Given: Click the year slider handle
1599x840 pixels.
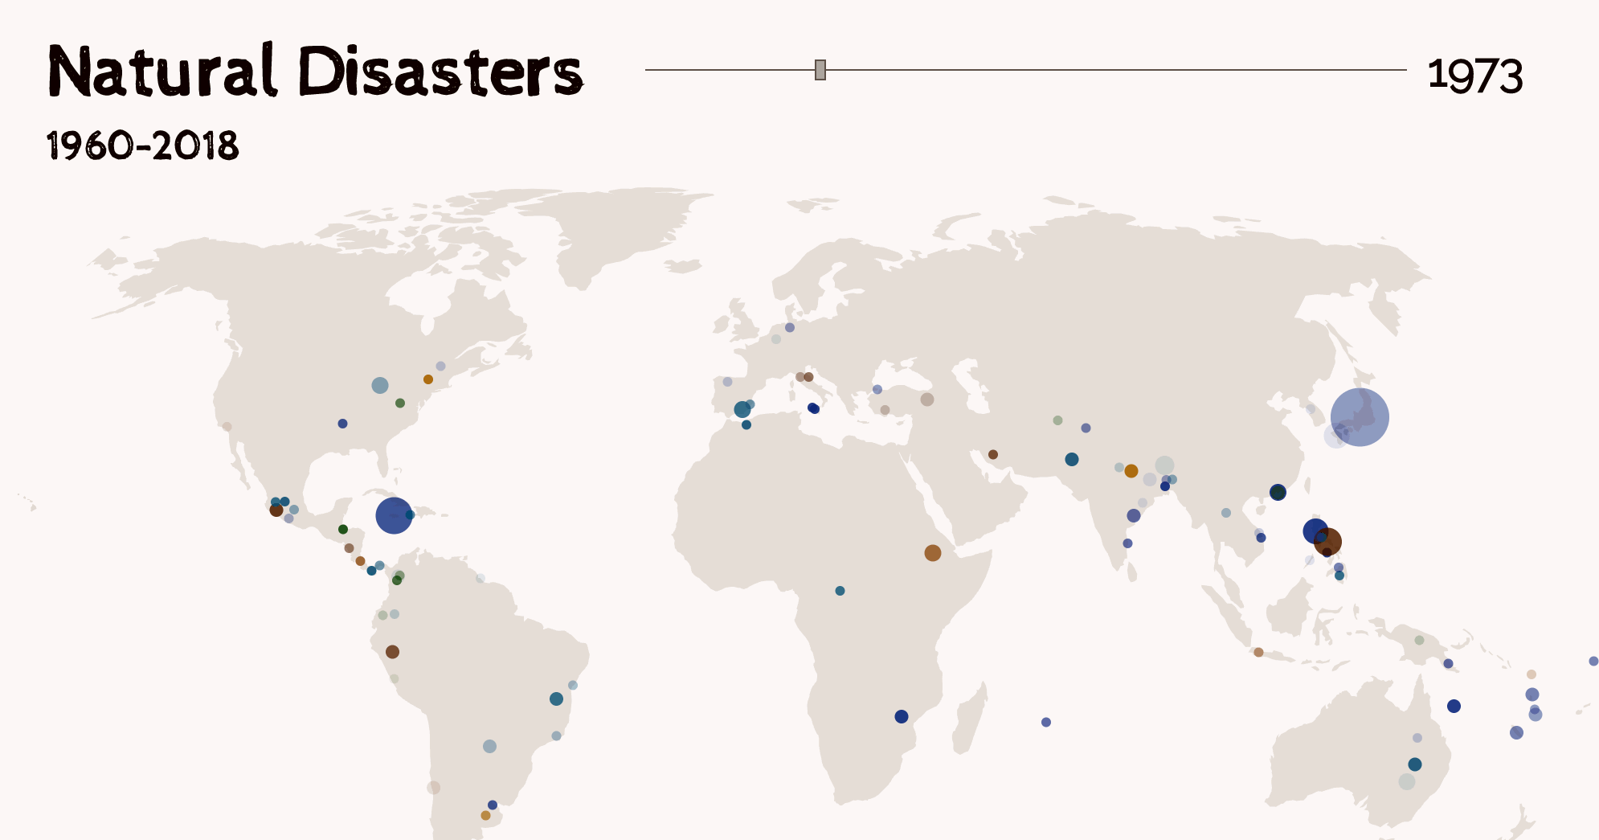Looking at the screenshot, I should pyautogui.click(x=820, y=70).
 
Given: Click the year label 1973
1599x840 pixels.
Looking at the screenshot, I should pyautogui.click(x=1474, y=76).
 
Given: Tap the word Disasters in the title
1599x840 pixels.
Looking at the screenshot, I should pyautogui.click(x=440, y=72).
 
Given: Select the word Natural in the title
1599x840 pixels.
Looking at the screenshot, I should pyautogui.click(x=163, y=72).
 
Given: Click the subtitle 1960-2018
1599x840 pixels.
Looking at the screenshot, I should pyautogui.click(x=143, y=146).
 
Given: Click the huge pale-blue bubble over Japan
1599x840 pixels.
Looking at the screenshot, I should pyautogui.click(x=1359, y=417).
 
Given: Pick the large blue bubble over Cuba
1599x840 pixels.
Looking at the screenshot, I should pyautogui.click(x=394, y=515).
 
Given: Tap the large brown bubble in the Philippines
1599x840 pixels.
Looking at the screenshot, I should pyautogui.click(x=1327, y=542).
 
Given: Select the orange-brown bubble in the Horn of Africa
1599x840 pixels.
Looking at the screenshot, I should pyautogui.click(x=932, y=553).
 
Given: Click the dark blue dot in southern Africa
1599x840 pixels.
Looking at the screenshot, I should pyautogui.click(x=901, y=716).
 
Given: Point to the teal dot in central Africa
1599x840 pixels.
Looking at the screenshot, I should pyautogui.click(x=840, y=591).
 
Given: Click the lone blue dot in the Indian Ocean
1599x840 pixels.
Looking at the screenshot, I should pyautogui.click(x=1045, y=722).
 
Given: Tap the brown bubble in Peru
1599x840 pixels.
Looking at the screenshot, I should pyautogui.click(x=392, y=652).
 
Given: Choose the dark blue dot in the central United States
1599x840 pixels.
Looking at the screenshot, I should pyautogui.click(x=342, y=424).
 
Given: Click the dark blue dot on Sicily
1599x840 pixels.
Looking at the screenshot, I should pyautogui.click(x=813, y=408).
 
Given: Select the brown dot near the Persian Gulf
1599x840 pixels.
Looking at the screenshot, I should pyautogui.click(x=992, y=454).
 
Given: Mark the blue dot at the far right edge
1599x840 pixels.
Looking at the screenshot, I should pyautogui.click(x=1593, y=661).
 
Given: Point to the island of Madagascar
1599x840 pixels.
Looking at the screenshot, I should pyautogui.click(x=969, y=719).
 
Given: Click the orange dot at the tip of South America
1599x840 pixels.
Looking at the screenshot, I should pyautogui.click(x=485, y=815).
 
